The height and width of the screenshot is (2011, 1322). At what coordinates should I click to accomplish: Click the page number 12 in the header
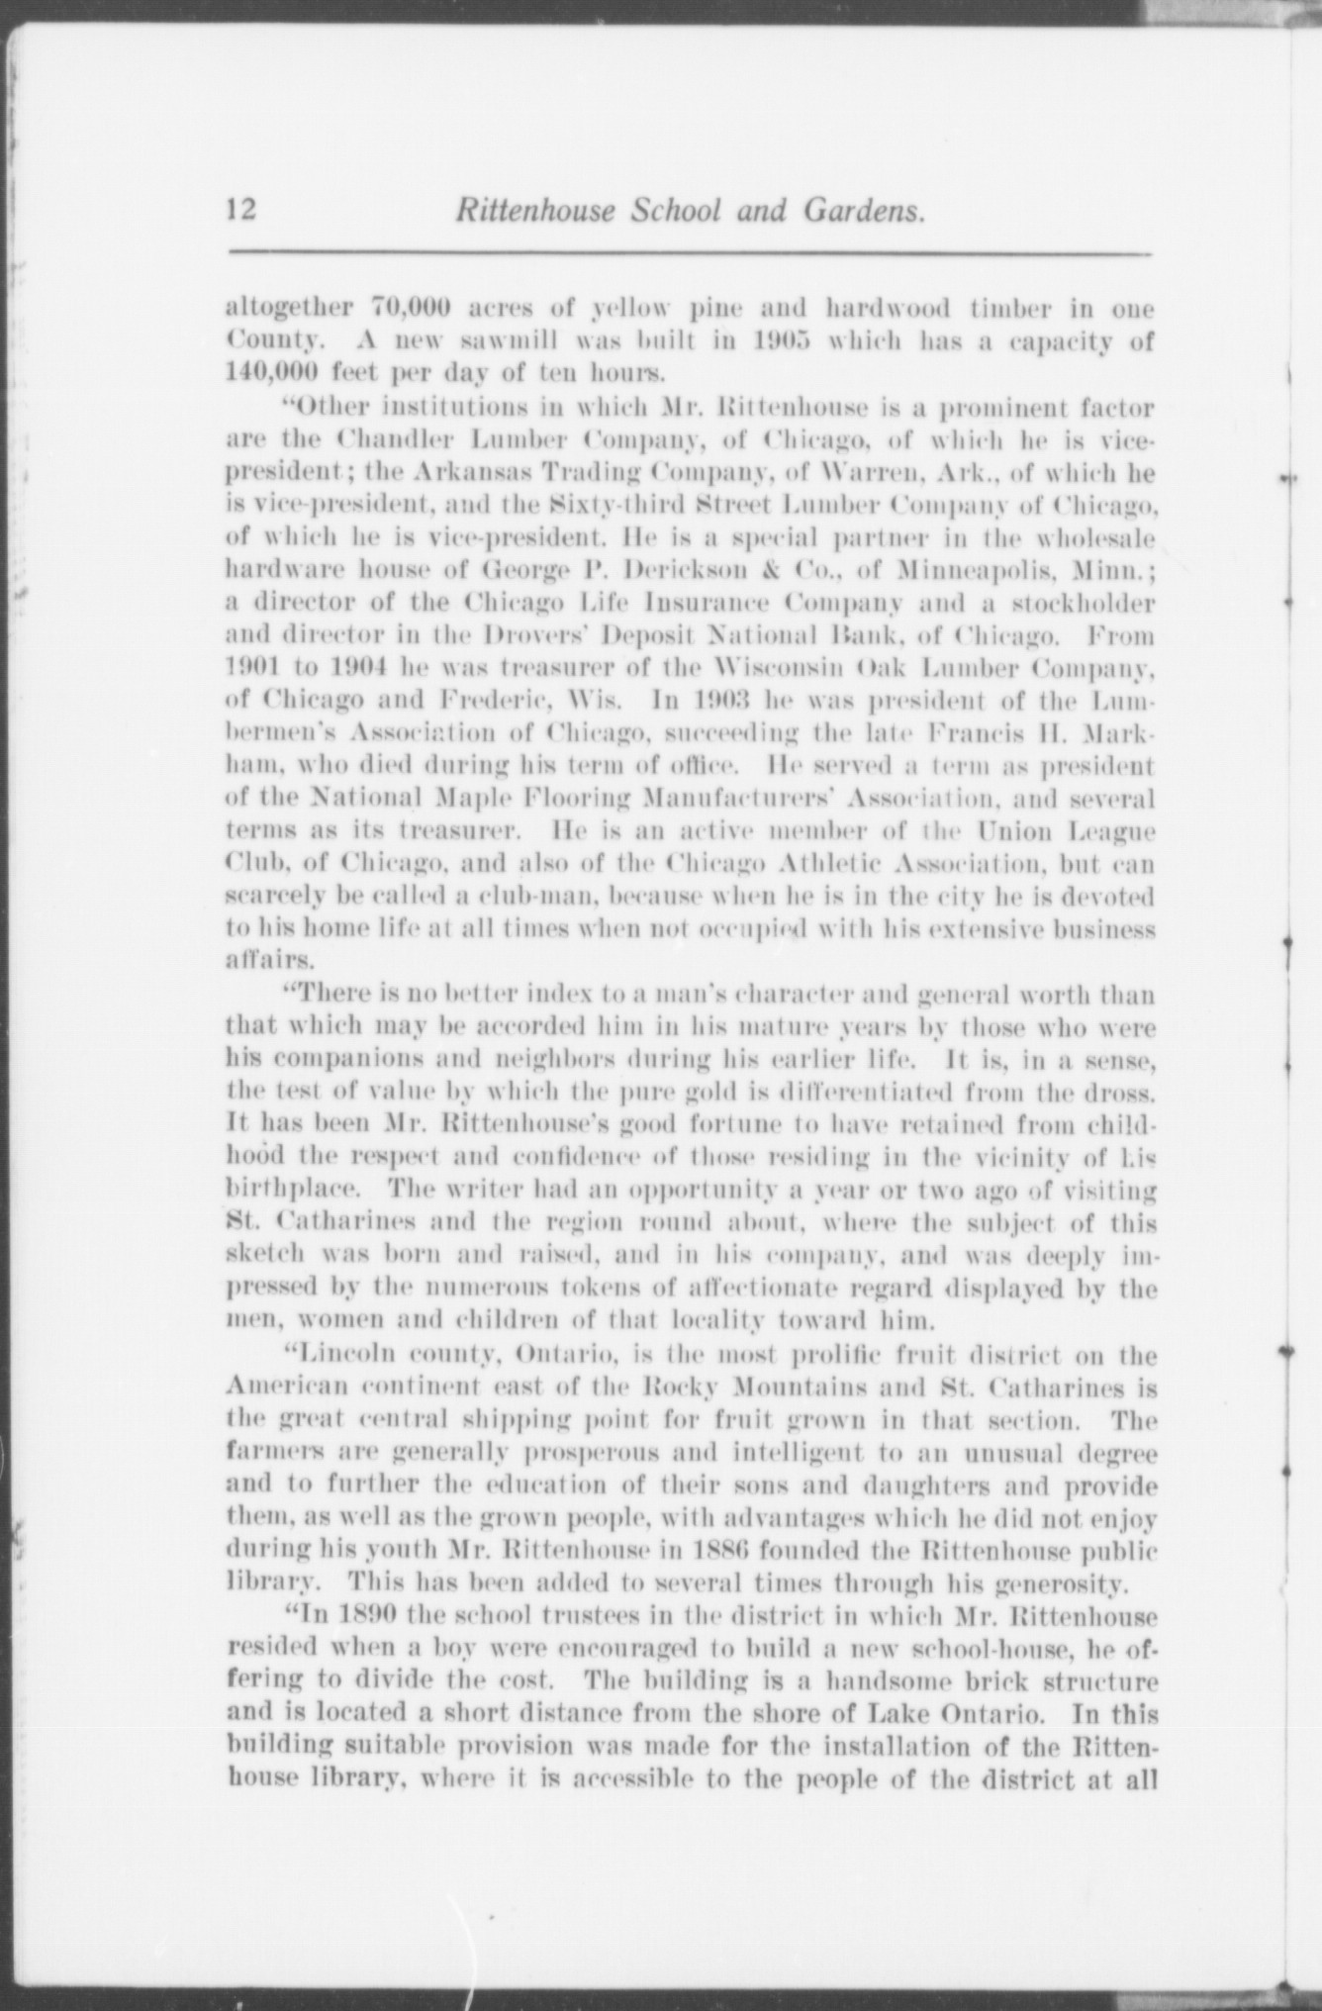(x=240, y=211)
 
